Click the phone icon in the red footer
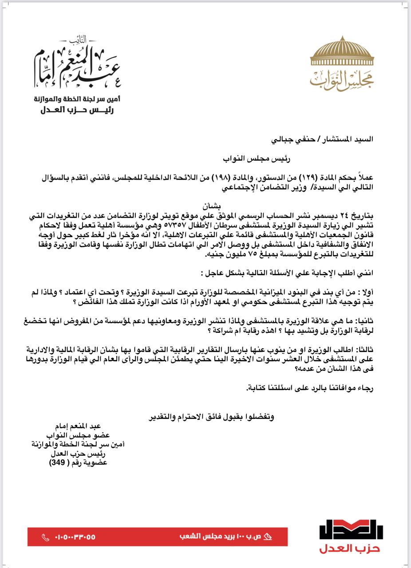[x=45, y=537]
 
